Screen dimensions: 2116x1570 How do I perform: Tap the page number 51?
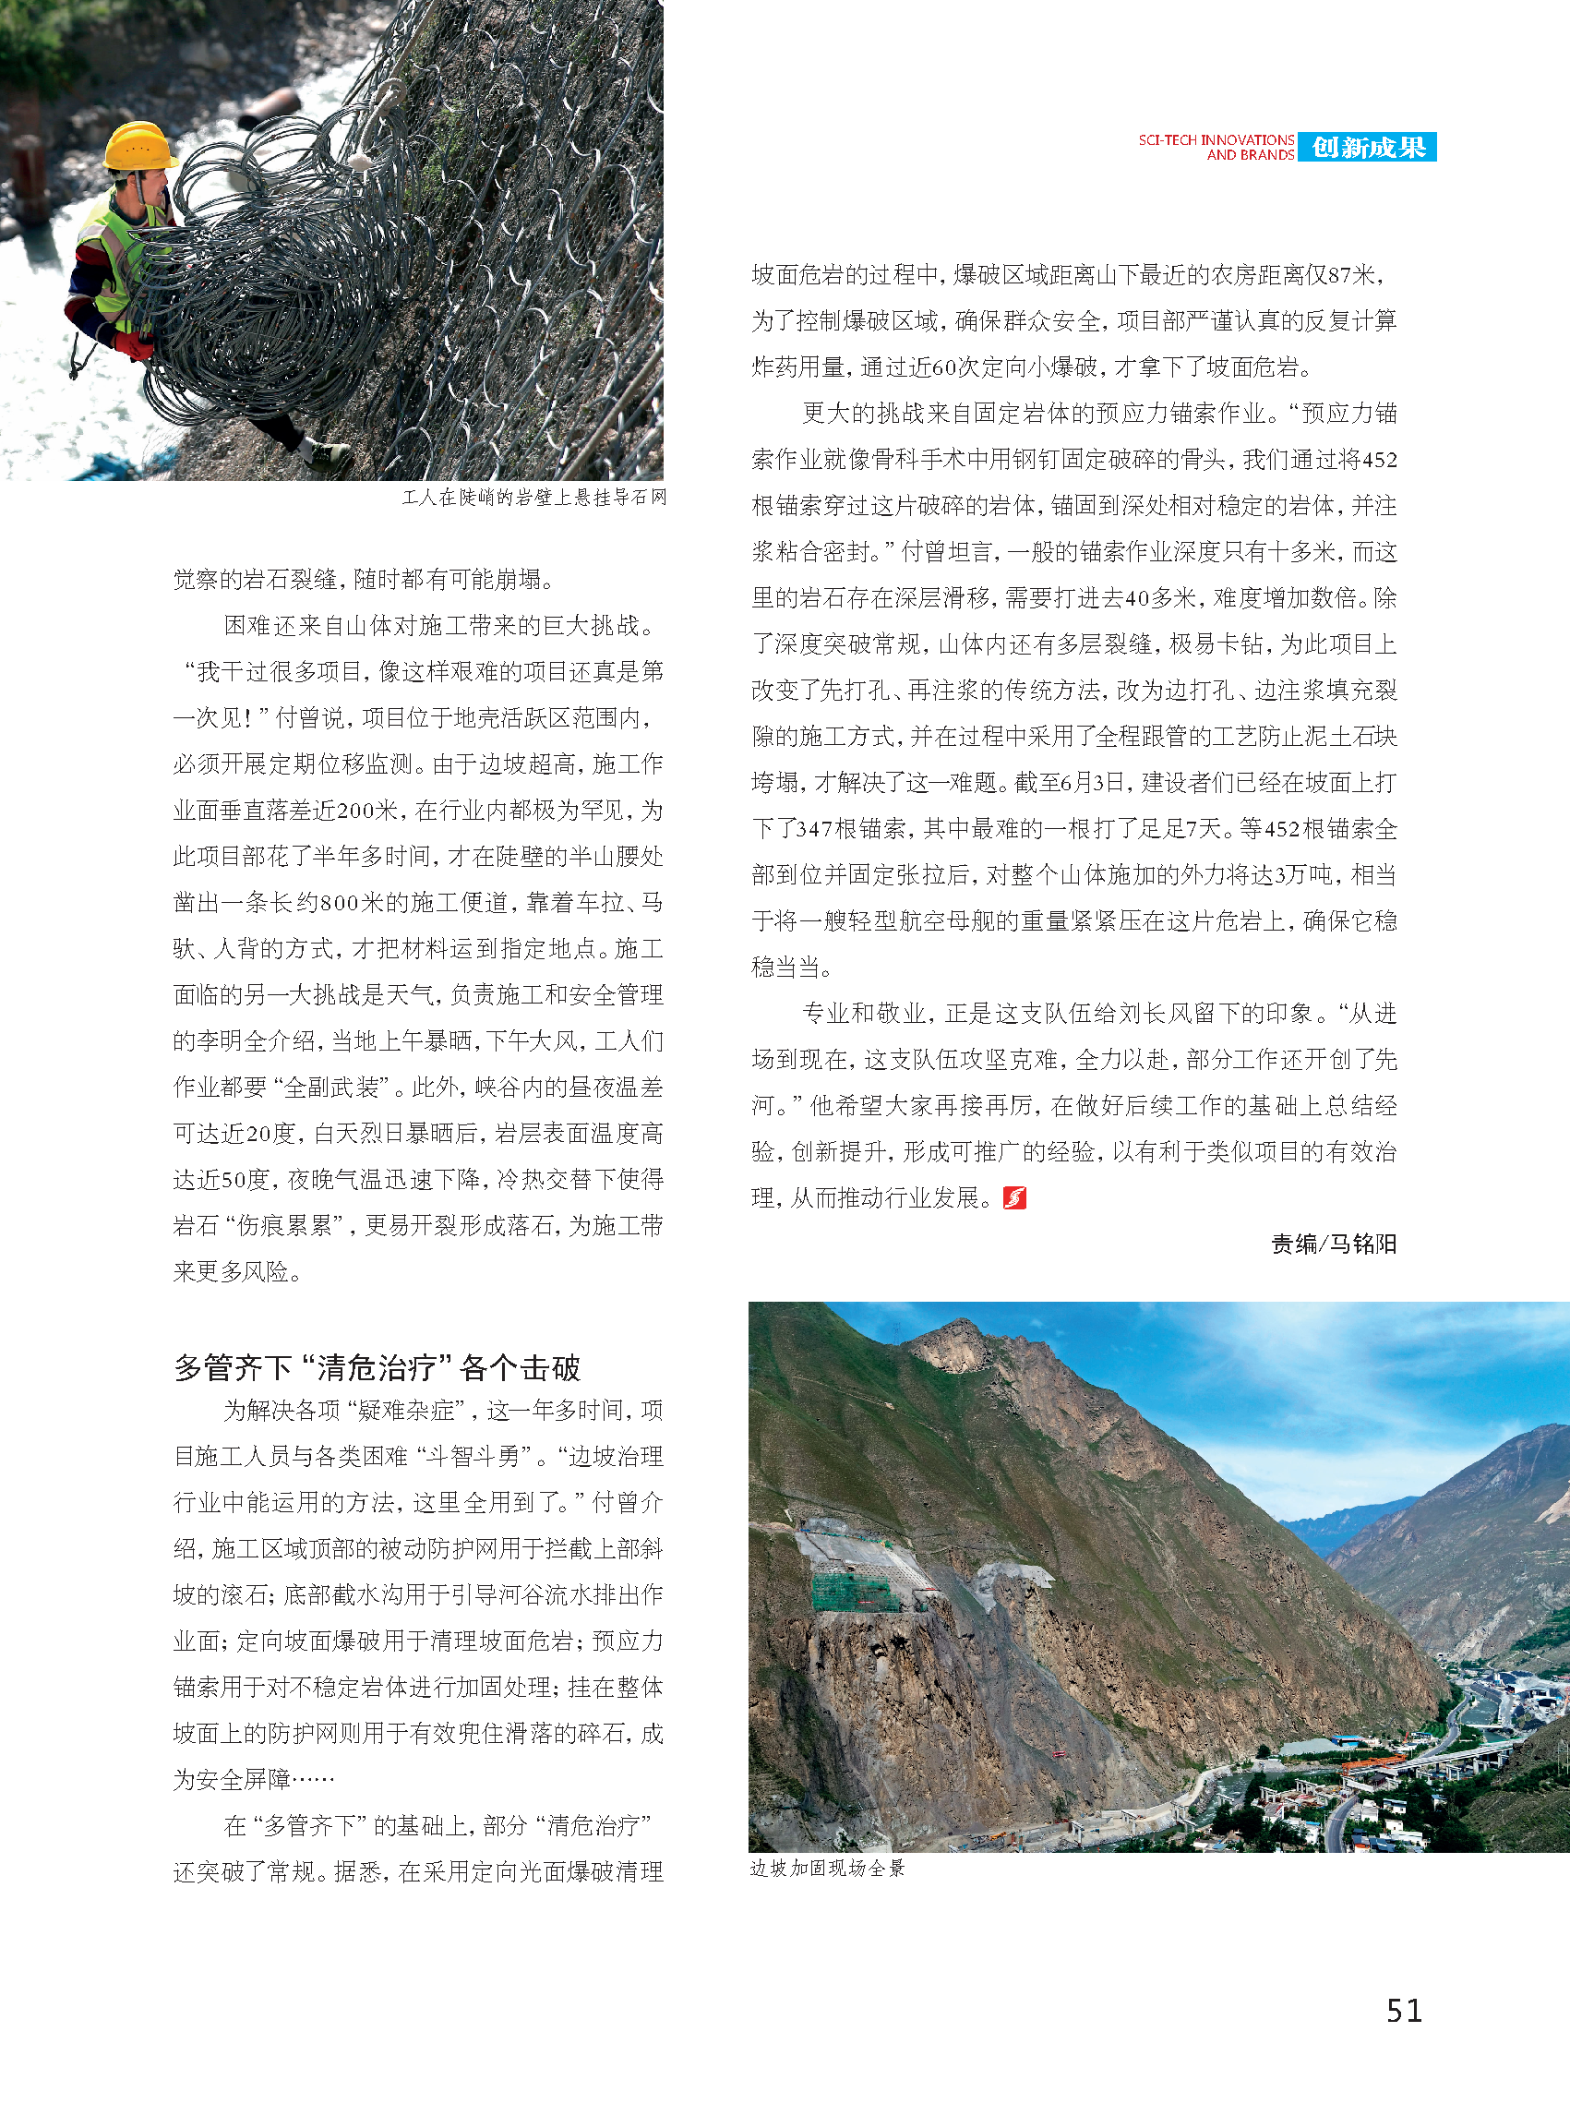pos(1404,2011)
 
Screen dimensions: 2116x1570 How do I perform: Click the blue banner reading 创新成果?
pos(1368,148)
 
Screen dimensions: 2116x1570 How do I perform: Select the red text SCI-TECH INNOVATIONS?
pos(1216,139)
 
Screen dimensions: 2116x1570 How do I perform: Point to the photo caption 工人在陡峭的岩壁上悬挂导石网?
pos(534,498)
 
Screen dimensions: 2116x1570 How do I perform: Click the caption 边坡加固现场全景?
pos(827,1868)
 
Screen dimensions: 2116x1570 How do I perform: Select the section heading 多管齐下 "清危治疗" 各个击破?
pos(377,1367)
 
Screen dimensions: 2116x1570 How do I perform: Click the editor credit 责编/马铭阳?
pos(1334,1244)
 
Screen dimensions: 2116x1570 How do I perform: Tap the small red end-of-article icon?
pos(1014,1197)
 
